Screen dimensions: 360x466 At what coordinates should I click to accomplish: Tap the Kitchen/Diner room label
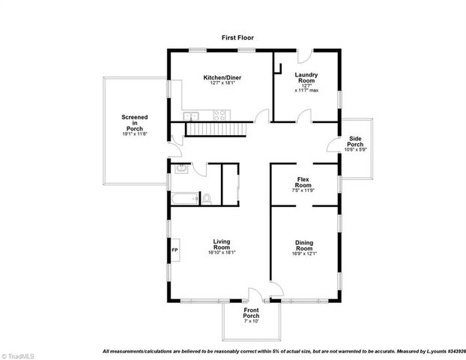pos(222,77)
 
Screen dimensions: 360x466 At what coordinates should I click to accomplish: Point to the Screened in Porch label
pos(135,123)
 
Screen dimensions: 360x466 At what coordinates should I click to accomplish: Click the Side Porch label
pos(355,142)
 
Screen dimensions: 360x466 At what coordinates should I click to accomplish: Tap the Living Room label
pos(221,244)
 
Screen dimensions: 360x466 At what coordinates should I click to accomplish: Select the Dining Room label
pos(303,244)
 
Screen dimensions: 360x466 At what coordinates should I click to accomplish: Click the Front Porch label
pos(251,313)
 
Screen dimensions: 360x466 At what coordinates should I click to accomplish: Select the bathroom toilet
pos(208,199)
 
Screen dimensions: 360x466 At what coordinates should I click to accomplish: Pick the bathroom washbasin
pos(180,169)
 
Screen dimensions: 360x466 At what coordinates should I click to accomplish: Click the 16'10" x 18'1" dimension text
pos(221,252)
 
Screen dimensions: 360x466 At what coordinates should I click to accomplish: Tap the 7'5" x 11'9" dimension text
pos(303,190)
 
